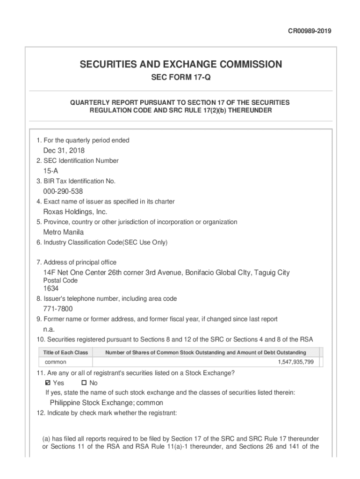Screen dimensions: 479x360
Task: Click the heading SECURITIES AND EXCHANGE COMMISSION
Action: click(x=180, y=64)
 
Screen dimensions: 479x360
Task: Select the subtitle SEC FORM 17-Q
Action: click(x=180, y=78)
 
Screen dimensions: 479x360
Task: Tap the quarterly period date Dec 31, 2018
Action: click(x=64, y=151)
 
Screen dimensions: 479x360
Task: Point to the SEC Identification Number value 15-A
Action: click(x=51, y=171)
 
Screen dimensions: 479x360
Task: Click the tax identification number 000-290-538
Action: click(x=63, y=191)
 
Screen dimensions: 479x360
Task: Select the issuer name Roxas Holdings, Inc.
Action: click(x=75, y=212)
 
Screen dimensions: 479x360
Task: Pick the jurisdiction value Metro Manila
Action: click(x=64, y=232)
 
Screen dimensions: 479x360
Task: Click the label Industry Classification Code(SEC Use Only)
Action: click(x=101, y=242)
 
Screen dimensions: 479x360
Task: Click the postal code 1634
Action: click(x=51, y=289)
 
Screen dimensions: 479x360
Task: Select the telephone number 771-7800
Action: click(x=58, y=309)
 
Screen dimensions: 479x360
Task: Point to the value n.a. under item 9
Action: click(x=49, y=329)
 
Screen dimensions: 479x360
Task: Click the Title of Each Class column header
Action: click(x=65, y=352)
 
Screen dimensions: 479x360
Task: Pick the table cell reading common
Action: click(x=56, y=362)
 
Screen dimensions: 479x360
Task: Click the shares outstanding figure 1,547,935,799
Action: click(x=295, y=362)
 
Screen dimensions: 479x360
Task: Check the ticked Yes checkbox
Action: click(x=47, y=383)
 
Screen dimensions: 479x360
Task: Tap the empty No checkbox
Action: click(x=78, y=383)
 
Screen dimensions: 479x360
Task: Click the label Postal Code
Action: click(x=60, y=281)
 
